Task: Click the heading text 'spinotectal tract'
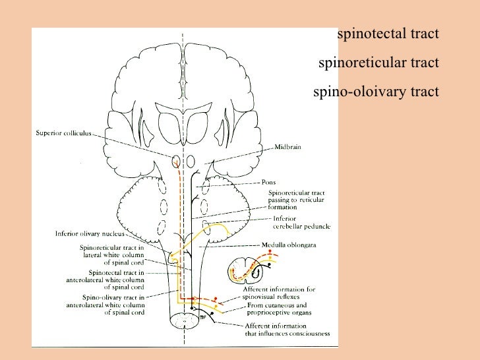[x=387, y=34]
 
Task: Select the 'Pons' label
[x=268, y=183]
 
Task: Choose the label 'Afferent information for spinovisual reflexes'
[x=280, y=293]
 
